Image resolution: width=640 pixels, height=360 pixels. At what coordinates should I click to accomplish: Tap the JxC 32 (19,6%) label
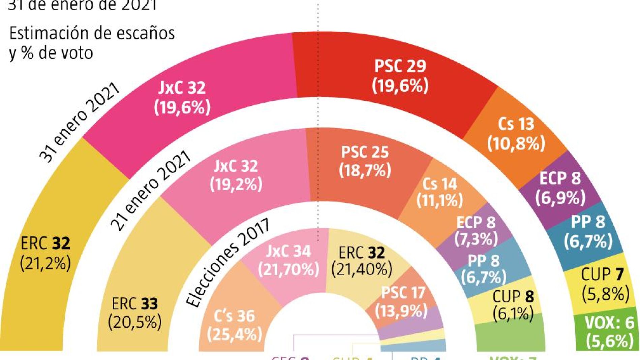(182, 98)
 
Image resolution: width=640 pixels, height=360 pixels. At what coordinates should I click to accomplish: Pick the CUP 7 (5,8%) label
(605, 285)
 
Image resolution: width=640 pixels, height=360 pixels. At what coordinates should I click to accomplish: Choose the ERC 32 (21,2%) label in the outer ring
(45, 253)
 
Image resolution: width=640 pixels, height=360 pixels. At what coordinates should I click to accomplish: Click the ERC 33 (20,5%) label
(135, 313)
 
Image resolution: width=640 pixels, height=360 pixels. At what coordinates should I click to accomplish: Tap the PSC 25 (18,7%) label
(365, 161)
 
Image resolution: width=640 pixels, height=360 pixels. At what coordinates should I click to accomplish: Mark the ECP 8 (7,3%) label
(476, 231)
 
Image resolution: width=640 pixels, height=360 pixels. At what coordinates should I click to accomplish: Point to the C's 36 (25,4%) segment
(235, 325)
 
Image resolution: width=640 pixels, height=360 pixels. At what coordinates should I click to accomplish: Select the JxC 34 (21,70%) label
(288, 260)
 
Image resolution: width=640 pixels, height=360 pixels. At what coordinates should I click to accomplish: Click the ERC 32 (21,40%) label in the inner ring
(362, 261)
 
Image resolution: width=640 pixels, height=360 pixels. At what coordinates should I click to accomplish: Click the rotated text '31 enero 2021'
(79, 123)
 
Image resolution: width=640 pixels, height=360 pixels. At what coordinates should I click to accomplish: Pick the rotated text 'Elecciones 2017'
(228, 262)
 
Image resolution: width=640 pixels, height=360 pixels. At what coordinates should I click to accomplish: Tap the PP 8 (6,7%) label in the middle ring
(484, 269)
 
